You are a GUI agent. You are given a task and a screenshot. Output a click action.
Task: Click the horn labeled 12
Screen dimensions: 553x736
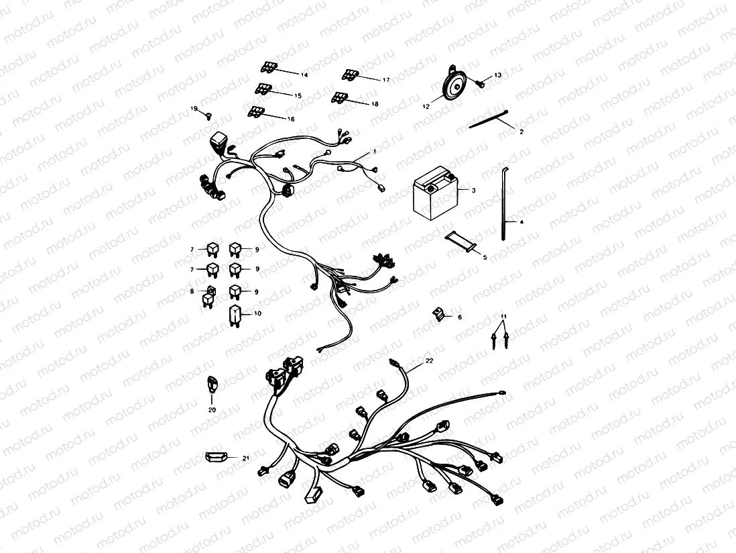click(x=452, y=85)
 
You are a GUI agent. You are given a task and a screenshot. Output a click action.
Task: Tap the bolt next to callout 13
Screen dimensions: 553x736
click(x=480, y=83)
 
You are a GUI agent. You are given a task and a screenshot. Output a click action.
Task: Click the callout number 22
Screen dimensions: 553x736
click(x=430, y=360)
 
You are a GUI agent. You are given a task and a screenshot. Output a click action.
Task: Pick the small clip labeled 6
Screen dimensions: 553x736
click(x=439, y=313)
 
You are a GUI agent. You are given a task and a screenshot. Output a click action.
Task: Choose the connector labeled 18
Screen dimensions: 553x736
click(x=341, y=98)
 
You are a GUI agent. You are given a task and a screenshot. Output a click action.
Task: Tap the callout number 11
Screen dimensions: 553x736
click(x=503, y=315)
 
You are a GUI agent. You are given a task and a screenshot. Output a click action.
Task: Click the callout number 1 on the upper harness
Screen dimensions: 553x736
click(x=374, y=152)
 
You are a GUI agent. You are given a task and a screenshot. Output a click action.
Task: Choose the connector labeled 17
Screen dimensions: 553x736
click(x=350, y=74)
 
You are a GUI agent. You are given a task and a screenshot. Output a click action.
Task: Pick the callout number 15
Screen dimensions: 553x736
click(x=298, y=96)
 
